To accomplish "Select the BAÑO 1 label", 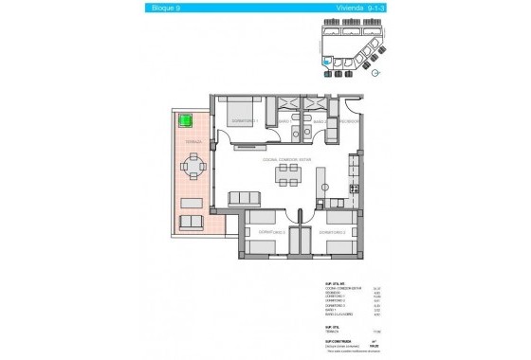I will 284,122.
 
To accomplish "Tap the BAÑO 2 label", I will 322,122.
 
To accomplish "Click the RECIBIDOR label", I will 349,122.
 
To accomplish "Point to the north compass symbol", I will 378,72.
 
